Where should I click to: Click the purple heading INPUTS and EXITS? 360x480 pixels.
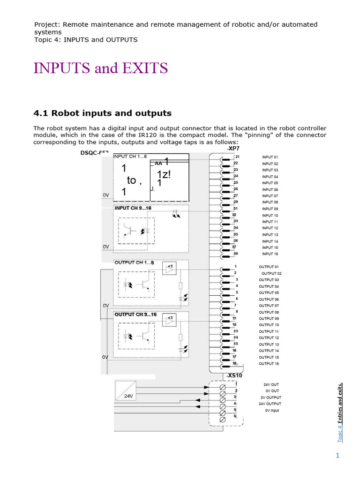tap(100, 68)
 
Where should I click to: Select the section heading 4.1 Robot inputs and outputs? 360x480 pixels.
tap(103, 113)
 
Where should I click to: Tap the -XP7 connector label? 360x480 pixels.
tap(233, 148)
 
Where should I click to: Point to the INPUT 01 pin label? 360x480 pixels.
tap(270, 157)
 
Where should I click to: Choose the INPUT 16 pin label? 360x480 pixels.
tap(270, 254)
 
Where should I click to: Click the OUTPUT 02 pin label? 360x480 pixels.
tap(271, 273)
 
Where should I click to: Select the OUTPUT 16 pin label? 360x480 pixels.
tap(269, 364)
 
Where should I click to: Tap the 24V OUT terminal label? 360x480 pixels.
tap(271, 384)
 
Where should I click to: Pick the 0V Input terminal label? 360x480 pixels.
tap(272, 410)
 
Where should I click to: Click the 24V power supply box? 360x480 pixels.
tap(125, 390)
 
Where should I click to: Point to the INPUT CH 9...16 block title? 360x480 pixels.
tap(133, 208)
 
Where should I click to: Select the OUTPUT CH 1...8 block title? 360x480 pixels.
tap(134, 262)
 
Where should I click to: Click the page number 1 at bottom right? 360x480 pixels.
tap(337, 456)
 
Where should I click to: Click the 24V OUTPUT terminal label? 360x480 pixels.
tap(270, 404)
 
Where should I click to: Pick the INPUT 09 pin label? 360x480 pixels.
tap(270, 209)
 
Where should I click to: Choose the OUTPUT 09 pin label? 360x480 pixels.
tap(269, 319)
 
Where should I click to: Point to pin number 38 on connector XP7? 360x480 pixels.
tap(236, 254)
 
